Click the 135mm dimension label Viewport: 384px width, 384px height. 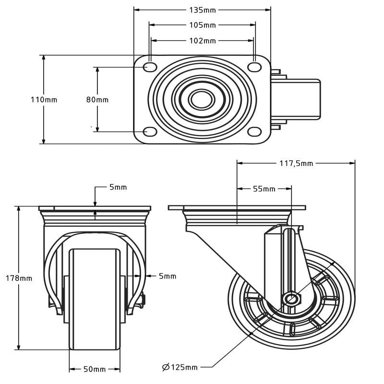tap(203, 10)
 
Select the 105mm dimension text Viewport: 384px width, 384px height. tap(203, 25)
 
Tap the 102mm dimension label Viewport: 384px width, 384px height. tap(203, 41)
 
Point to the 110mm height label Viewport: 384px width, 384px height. tap(44, 100)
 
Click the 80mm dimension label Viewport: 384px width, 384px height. tap(97, 100)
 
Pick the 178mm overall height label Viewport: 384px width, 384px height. tap(19, 278)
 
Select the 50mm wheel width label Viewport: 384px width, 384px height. tap(95, 369)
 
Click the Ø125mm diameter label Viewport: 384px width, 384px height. tap(180, 367)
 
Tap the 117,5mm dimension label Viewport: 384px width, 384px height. tap(296, 163)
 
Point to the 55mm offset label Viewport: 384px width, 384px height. tap(264, 189)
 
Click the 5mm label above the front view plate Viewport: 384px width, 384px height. tap(118, 187)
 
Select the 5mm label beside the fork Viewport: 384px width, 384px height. tap(168, 276)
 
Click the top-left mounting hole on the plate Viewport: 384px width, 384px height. tap(150, 67)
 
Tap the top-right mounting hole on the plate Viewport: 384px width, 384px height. tap(254, 67)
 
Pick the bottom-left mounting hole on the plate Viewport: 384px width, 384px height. tap(150, 132)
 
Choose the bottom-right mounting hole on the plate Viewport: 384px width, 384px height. tap(254, 132)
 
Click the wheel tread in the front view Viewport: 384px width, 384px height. tap(95, 298)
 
